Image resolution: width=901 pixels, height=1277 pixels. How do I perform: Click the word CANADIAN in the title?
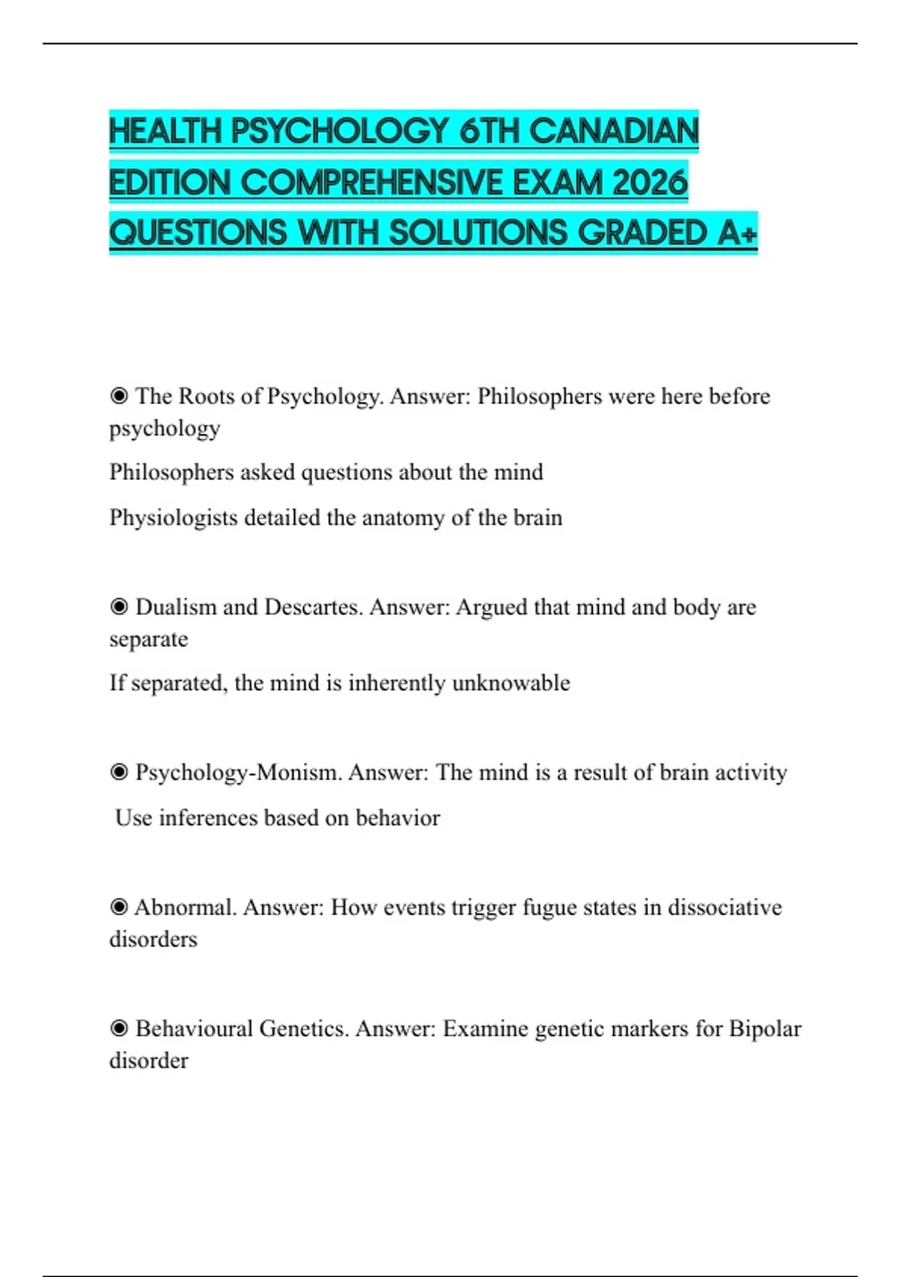[x=613, y=131]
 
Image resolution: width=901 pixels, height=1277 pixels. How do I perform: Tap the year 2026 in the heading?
[x=649, y=183]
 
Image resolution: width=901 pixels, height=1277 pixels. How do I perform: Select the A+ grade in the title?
[x=737, y=233]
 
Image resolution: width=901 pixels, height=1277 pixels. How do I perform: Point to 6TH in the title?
[x=489, y=131]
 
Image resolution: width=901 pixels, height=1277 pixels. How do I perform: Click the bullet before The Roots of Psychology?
[x=119, y=396]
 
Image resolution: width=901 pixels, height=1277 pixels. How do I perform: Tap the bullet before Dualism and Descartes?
[x=119, y=607]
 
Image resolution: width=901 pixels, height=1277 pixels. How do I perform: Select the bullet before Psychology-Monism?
[x=119, y=772]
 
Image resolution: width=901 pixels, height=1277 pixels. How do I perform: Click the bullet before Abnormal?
[x=119, y=907]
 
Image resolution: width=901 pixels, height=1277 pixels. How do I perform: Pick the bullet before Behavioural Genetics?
[x=119, y=1028]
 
